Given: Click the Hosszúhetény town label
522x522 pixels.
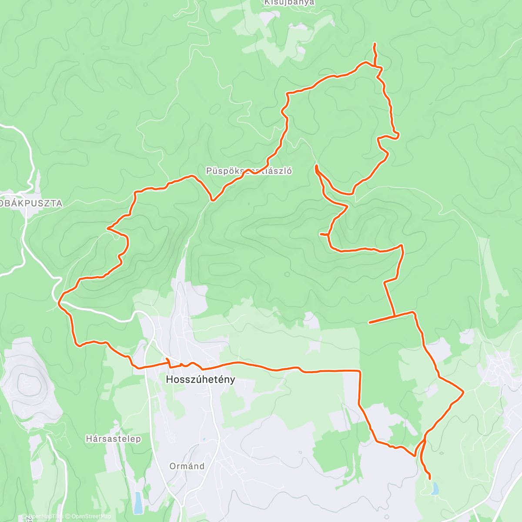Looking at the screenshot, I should [201, 379].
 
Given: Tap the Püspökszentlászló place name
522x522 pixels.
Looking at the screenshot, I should [249, 171].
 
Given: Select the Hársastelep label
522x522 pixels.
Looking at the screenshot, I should [113, 439].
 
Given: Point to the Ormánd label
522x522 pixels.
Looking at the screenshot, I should [187, 466].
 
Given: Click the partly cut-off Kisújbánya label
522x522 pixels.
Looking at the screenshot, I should [289, 3].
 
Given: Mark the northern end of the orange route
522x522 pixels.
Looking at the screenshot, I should [375, 44].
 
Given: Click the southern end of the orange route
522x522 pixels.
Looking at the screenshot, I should [430, 478].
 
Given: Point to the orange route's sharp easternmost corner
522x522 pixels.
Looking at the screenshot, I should [463, 392].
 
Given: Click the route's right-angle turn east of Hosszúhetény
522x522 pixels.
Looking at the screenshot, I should [359, 371].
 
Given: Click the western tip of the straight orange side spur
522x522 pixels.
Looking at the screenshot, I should [369, 323].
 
